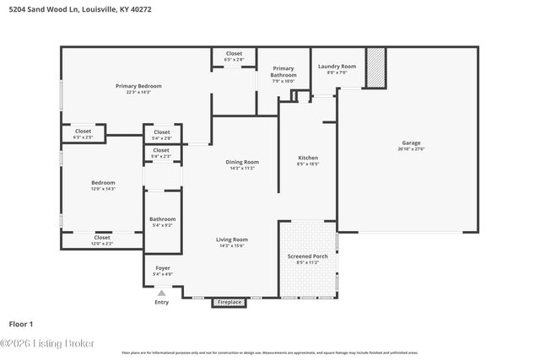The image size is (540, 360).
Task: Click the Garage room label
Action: click(411, 143)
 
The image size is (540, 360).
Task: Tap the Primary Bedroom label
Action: click(138, 86)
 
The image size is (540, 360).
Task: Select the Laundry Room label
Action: click(337, 67)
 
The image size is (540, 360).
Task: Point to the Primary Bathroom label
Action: click(283, 73)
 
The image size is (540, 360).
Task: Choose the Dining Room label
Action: click(242, 162)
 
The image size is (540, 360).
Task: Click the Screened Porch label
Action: click(307, 255)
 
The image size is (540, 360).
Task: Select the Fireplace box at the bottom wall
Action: click(229, 302)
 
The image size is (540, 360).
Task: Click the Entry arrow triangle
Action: click(162, 293)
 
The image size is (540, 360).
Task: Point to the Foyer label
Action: click(162, 268)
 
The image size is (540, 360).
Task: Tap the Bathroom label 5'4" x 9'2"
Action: click(162, 219)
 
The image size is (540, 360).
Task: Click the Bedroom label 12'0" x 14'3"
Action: click(103, 183)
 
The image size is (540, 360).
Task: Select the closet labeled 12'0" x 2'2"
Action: click(102, 238)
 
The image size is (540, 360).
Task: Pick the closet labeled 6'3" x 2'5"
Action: click(83, 132)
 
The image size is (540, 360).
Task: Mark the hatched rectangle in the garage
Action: click(375, 67)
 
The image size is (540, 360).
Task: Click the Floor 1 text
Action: click(20, 323)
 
